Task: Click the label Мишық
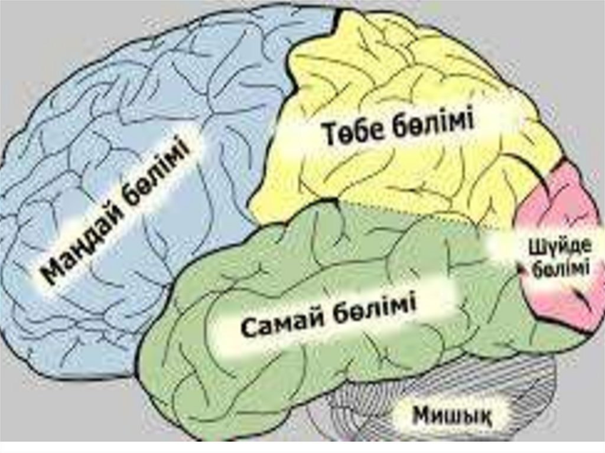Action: (x=452, y=415)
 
